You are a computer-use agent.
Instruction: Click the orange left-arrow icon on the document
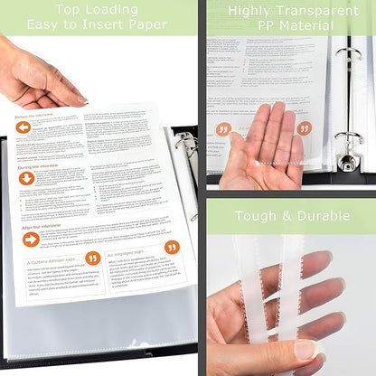click(x=23, y=127)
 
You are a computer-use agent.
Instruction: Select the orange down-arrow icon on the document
click(x=27, y=178)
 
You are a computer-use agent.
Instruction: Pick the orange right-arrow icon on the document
click(x=32, y=240)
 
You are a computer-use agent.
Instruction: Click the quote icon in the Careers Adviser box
click(x=92, y=258)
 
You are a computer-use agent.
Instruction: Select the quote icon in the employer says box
click(x=172, y=247)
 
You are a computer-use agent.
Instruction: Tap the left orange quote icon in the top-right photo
click(x=222, y=129)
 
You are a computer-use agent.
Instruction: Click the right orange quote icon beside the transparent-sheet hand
click(x=305, y=128)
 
